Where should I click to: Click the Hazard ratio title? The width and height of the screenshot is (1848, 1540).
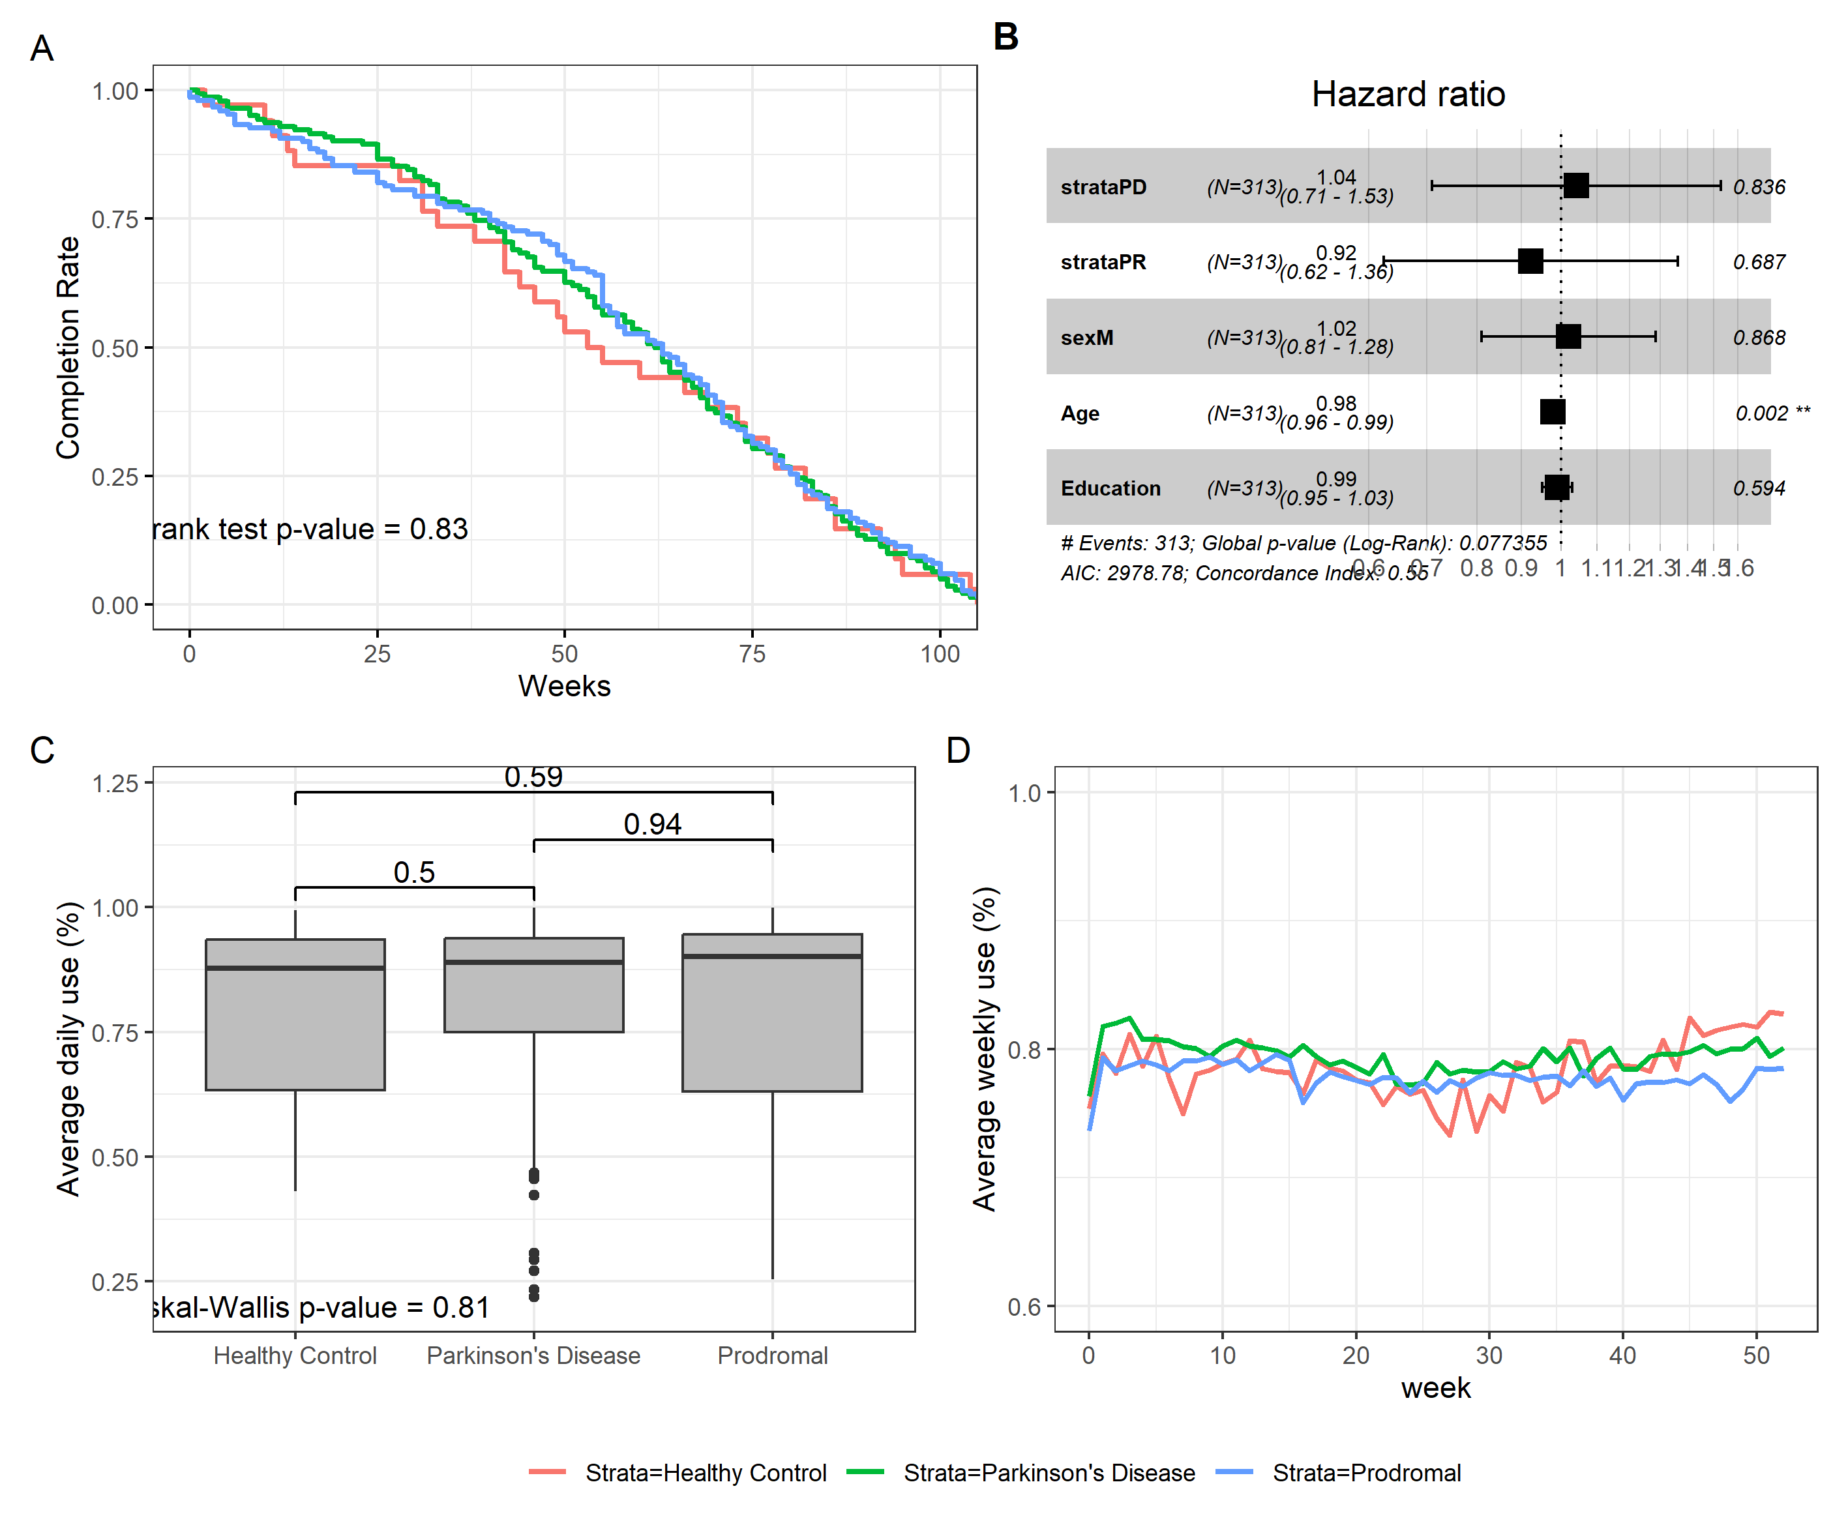[1407, 94]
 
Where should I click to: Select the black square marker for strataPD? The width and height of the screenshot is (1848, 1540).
[1575, 186]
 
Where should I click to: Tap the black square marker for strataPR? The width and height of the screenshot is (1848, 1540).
[1530, 261]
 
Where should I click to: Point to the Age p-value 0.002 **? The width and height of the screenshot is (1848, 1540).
[1772, 413]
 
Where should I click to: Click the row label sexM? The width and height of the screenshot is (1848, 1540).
[1087, 338]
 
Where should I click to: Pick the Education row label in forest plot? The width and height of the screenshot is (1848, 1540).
[1110, 488]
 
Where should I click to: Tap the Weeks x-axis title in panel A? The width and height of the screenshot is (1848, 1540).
[564, 685]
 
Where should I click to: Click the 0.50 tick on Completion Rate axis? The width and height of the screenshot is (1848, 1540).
[115, 348]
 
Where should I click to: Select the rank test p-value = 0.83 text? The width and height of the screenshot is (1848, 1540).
[310, 529]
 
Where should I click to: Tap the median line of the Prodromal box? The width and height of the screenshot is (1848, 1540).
[772, 956]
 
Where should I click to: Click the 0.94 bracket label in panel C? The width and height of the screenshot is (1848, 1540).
[652, 825]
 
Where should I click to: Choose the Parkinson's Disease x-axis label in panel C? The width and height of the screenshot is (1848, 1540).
[533, 1355]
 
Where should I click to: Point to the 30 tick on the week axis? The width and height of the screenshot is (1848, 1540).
[1489, 1355]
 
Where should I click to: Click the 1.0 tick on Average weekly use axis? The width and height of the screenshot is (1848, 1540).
[1024, 793]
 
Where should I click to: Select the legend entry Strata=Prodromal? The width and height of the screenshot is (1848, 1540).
[1365, 1472]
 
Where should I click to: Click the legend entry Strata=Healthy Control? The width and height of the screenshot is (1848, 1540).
[705, 1472]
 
